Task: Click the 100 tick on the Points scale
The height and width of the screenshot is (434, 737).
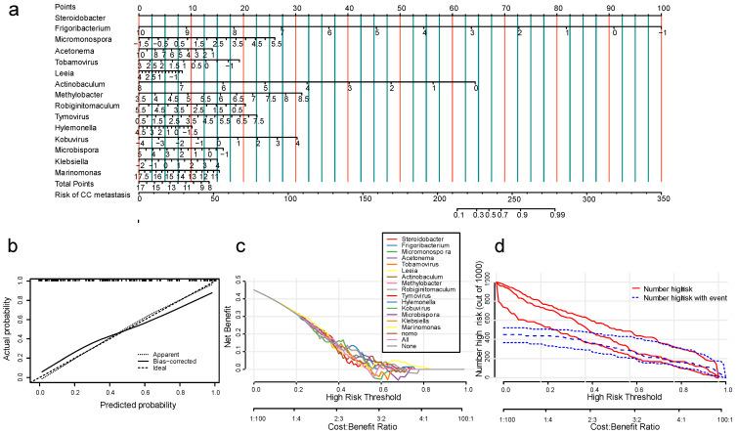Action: [662, 7]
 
